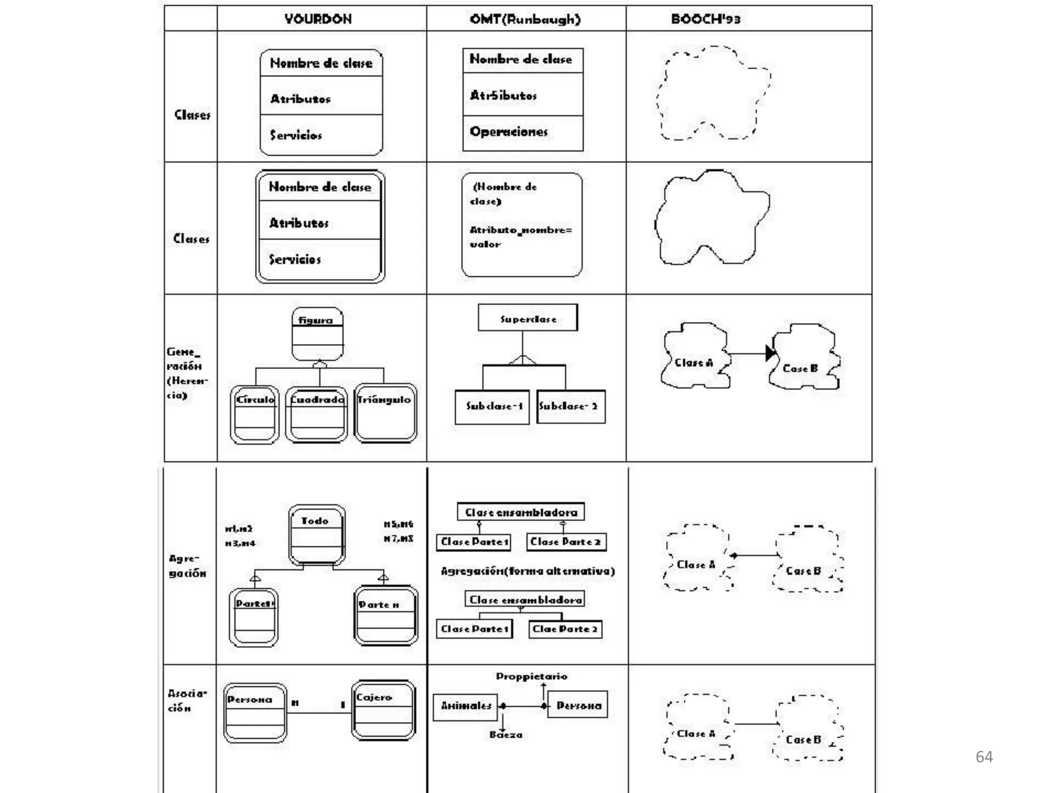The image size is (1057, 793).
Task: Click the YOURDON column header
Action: point(318,19)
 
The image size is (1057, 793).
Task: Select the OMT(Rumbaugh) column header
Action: point(525,19)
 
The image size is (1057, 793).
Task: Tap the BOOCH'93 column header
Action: point(706,19)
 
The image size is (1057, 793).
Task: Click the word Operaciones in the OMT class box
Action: point(508,132)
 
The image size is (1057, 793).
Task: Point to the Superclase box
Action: point(527,318)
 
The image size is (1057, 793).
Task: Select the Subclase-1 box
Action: point(492,407)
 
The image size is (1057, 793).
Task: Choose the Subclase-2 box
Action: point(570,407)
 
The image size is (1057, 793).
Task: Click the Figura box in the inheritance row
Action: point(317,334)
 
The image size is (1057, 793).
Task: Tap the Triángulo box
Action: point(385,413)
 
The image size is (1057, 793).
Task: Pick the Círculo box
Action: point(255,414)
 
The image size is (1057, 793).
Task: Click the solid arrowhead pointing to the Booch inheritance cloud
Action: point(770,353)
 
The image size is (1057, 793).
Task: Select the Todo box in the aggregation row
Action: point(316,535)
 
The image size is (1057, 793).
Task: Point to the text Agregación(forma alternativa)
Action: point(527,571)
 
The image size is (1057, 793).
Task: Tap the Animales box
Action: point(465,706)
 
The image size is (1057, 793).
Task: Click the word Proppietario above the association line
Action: point(532,676)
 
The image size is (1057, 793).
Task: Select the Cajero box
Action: point(383,710)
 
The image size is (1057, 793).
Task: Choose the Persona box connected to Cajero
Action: point(255,712)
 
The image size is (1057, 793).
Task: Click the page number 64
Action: point(984,757)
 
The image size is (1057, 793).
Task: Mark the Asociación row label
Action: point(187,701)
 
